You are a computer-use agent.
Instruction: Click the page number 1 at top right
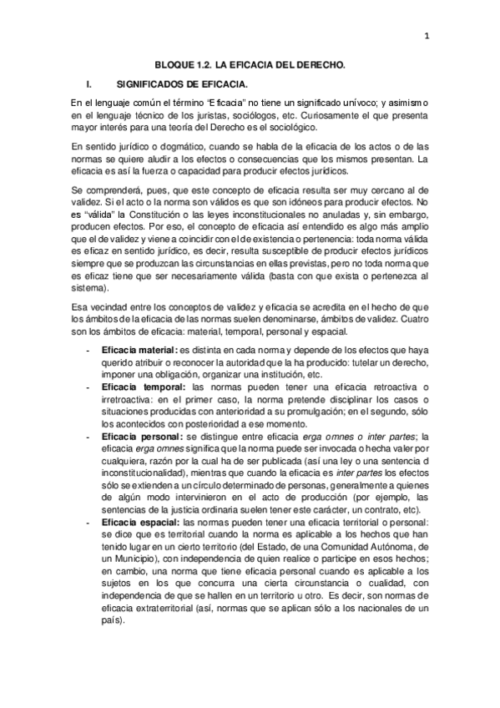point(426,35)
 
